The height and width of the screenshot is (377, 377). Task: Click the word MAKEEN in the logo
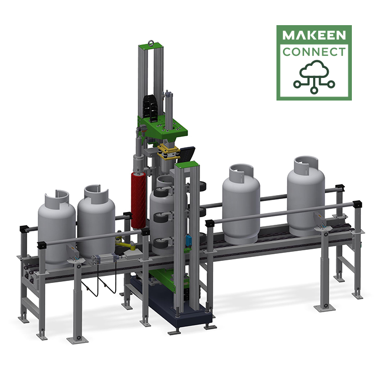click(x=314, y=36)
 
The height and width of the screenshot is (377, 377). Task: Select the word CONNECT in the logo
click(x=314, y=52)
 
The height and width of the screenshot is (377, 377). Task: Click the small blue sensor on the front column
click(x=190, y=239)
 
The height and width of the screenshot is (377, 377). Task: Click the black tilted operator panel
click(x=187, y=153)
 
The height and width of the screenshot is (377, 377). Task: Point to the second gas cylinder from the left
click(x=96, y=221)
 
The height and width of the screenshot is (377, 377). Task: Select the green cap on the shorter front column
click(x=187, y=165)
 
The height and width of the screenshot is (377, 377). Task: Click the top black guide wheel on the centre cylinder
click(x=162, y=193)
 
